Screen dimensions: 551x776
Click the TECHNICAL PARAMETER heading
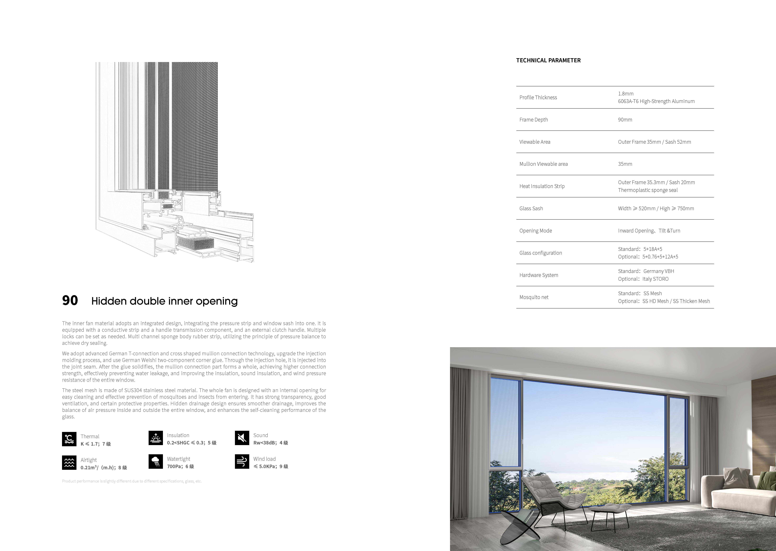coord(548,60)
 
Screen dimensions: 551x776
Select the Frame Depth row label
coord(533,120)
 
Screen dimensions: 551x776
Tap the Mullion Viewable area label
coord(543,164)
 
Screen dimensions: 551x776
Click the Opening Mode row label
coord(536,231)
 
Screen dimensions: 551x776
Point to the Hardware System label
coord(539,275)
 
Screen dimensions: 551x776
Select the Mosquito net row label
coord(534,297)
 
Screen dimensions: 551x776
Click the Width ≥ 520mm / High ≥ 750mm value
coord(656,209)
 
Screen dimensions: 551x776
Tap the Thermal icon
coord(69,439)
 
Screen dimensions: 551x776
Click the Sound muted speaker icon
coord(242,438)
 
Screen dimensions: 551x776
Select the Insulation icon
coord(156,438)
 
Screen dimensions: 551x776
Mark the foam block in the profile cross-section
coord(196,242)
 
